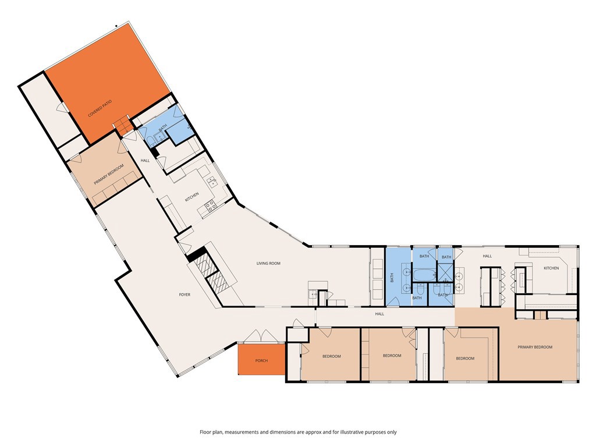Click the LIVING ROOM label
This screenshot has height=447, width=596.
click(268, 264)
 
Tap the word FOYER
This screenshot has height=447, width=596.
click(185, 295)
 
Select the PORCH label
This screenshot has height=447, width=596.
click(261, 360)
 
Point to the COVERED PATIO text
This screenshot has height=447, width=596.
click(100, 109)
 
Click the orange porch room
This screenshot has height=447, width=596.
click(261, 352)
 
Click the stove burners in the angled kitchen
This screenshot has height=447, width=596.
click(210, 205)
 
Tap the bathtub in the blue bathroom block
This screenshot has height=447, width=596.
click(424, 274)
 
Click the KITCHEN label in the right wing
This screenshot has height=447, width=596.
click(551, 268)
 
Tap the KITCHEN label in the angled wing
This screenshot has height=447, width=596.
click(192, 196)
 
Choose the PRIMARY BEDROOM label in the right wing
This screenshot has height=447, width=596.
click(535, 347)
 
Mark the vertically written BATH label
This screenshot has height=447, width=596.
click(391, 279)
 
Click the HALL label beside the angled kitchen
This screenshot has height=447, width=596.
click(145, 161)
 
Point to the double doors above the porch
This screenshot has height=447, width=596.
click(258, 337)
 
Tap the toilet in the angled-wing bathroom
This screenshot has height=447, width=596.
click(151, 138)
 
